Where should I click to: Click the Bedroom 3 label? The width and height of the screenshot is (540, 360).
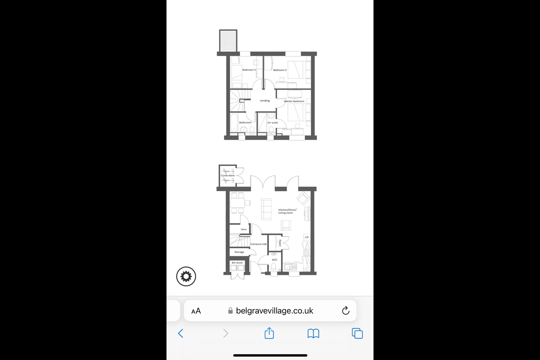coord(249,70)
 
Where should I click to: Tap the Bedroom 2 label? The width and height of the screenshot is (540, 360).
coord(280,70)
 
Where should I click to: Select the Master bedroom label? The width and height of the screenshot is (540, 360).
coord(294,101)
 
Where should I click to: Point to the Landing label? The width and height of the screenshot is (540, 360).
coord(265,100)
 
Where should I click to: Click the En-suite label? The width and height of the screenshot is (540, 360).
coord(273,123)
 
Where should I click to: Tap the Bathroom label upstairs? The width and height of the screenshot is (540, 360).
coord(245,123)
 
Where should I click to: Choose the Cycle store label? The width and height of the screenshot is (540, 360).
coord(228,175)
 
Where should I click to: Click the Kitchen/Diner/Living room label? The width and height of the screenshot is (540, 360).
coord(287,211)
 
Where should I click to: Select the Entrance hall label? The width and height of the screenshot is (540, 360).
coord(258,244)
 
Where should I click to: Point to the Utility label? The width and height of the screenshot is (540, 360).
coord(280,243)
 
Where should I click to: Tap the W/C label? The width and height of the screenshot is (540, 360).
coord(274,259)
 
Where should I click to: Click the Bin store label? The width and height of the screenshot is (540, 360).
coord(237,263)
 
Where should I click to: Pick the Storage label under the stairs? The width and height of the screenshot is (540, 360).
coord(239,252)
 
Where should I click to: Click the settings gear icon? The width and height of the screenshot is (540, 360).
coord(186,276)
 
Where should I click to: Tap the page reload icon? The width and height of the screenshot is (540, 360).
coord(346,310)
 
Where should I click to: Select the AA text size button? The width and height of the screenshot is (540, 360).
coord(196,311)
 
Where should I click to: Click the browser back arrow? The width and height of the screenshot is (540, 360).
coord(181,333)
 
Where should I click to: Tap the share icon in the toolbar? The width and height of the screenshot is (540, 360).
coord(269,333)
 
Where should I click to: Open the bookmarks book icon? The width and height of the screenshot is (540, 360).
coord(313,333)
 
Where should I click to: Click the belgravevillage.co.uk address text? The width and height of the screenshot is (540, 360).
coord(274,311)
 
